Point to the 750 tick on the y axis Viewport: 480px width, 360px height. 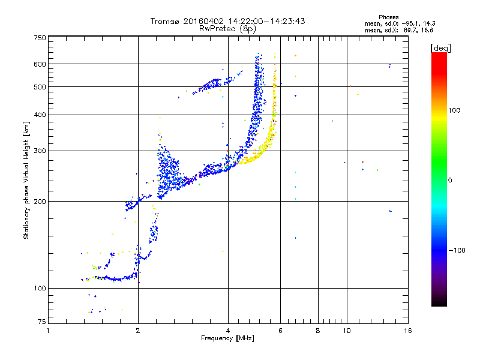click(x=39, y=38)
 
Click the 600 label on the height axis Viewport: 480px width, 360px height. click(x=39, y=64)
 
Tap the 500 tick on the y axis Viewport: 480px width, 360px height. click(x=39, y=87)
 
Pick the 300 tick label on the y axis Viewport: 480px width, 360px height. click(x=39, y=151)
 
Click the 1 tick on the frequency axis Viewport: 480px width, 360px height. click(x=48, y=331)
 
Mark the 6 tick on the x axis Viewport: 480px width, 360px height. click(x=280, y=331)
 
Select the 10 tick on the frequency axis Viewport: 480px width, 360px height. click(x=346, y=331)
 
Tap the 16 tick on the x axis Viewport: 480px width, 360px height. click(x=407, y=331)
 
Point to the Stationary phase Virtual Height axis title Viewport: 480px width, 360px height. click(x=26, y=180)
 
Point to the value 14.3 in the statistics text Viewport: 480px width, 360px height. click(x=426, y=23)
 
